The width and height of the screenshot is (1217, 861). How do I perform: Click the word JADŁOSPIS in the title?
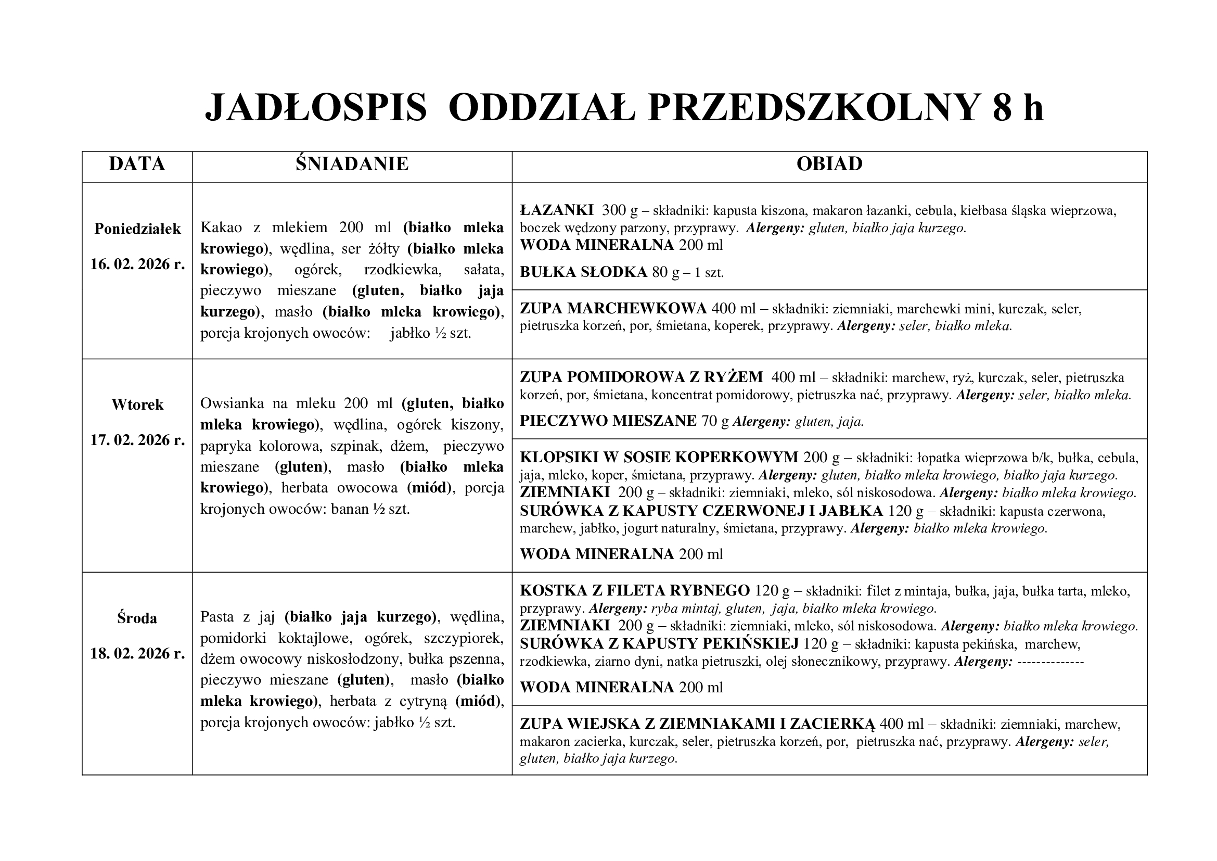point(316,108)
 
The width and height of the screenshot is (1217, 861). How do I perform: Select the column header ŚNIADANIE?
point(352,164)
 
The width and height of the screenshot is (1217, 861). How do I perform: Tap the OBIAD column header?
point(829,164)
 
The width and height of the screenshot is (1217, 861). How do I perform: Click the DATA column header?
point(137,164)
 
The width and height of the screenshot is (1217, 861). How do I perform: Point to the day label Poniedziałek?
point(137,229)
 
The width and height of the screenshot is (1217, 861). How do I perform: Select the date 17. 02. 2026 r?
point(137,440)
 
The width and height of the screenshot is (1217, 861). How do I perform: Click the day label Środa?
point(137,618)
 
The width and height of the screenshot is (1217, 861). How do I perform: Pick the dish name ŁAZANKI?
point(557,210)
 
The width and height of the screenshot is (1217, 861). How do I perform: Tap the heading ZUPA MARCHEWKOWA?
point(613,308)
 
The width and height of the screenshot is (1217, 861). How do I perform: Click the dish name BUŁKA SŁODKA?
point(583,272)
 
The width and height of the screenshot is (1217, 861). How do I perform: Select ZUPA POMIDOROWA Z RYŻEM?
point(642,377)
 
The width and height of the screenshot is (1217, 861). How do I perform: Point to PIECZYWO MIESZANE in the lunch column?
point(608,421)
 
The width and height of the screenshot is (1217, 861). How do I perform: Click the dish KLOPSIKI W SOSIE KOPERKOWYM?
point(659,457)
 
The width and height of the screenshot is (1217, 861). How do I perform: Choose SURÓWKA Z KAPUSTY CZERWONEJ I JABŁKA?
point(701,511)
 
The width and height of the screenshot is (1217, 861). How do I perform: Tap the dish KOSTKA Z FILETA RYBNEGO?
point(634,590)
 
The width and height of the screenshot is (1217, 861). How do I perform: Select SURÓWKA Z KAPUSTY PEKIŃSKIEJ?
point(659,643)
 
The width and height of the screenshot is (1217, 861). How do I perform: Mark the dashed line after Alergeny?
point(1051,662)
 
